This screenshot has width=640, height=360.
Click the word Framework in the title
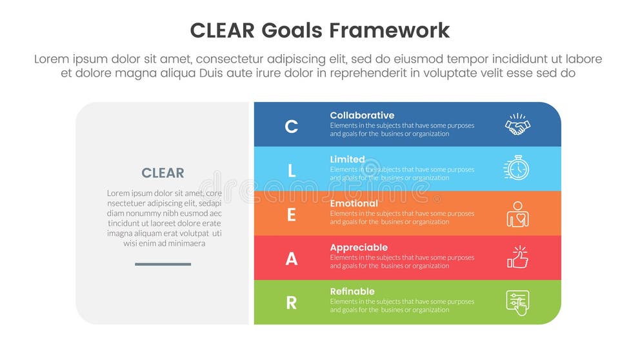(x=389, y=30)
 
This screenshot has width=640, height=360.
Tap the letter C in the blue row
(x=292, y=126)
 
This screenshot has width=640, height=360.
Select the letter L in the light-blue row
(x=292, y=170)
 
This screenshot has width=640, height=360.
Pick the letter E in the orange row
(x=292, y=215)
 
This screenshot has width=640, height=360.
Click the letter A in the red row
(x=292, y=259)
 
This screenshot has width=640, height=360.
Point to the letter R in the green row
(x=292, y=303)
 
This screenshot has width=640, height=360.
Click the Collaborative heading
(x=362, y=115)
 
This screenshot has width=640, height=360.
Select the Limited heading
(x=347, y=159)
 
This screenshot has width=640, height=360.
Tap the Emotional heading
(x=354, y=203)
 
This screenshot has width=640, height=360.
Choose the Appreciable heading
(x=359, y=247)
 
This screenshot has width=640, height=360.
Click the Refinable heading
(x=352, y=291)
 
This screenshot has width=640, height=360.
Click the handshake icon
(x=517, y=125)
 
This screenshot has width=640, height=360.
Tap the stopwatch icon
(x=517, y=168)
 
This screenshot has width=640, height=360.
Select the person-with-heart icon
(x=517, y=214)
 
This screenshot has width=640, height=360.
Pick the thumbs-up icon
(x=517, y=257)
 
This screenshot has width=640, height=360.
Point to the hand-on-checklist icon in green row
(x=517, y=302)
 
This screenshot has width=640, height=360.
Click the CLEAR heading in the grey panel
(x=163, y=173)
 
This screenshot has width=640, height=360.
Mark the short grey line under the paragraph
(x=163, y=264)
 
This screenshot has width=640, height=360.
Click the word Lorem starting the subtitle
(x=51, y=59)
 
